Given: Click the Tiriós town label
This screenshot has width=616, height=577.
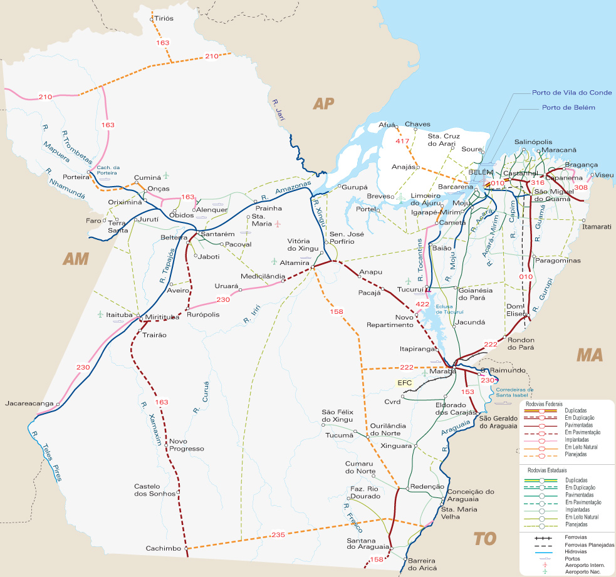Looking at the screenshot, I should pyautogui.click(x=164, y=19).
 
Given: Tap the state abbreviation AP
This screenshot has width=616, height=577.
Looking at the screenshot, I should pyautogui.click(x=325, y=103).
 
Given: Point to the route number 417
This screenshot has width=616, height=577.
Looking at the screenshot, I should pyautogui.click(x=402, y=142).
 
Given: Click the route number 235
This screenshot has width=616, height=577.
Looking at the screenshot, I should pyautogui.click(x=279, y=534).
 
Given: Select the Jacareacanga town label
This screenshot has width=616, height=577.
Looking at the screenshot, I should pyautogui.click(x=29, y=403).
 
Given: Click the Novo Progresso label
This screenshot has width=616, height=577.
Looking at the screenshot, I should pyautogui.click(x=187, y=445).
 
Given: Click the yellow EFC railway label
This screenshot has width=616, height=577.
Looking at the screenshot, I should pyautogui.click(x=403, y=382).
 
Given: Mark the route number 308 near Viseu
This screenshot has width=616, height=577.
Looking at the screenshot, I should pyautogui.click(x=581, y=187).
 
